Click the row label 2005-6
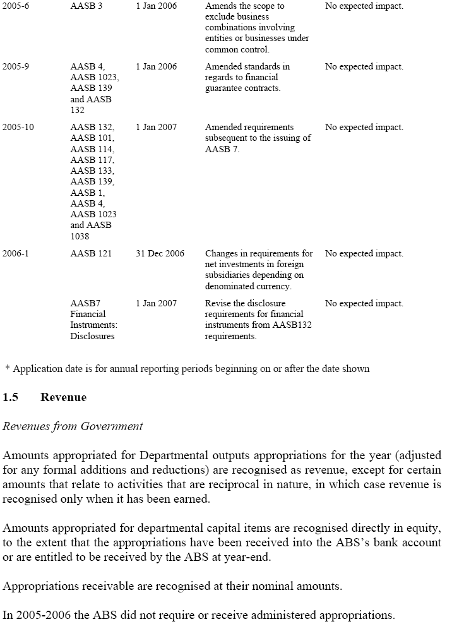(15, 6)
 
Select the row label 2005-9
(15, 66)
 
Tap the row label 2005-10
(18, 127)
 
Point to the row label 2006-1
(15, 253)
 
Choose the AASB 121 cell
(91, 253)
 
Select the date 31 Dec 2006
(160, 253)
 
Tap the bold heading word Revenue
(63, 397)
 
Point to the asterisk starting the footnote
(7, 368)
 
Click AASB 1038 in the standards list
(93, 231)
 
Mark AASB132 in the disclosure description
(290, 325)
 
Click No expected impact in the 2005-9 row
(364, 66)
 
